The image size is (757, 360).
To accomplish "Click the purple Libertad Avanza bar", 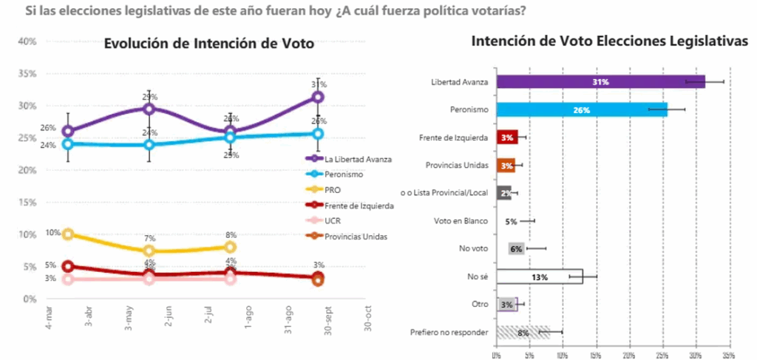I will click(x=600, y=82).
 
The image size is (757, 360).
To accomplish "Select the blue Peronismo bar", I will click(x=582, y=110).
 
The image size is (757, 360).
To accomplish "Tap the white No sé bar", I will click(x=540, y=277).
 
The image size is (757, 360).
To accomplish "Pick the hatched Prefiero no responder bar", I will click(x=523, y=333).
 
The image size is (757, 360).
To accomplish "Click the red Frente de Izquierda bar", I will click(x=506, y=137).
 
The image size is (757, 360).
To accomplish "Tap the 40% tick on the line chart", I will click(x=27, y=41).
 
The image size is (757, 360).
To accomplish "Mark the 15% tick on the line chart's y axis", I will click(x=27, y=203).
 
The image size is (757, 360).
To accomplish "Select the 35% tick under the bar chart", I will click(x=730, y=353).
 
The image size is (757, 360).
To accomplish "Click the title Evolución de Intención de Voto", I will click(x=209, y=44).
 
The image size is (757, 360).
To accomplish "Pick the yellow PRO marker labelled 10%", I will click(x=68, y=234).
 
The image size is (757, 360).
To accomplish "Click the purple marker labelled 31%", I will click(x=318, y=97).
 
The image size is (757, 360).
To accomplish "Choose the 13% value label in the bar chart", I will click(x=539, y=277).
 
